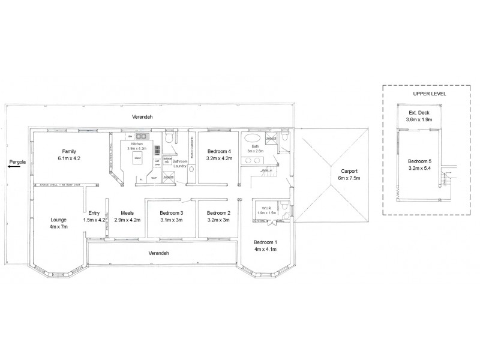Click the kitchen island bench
[138, 160]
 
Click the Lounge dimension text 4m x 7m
[59, 227]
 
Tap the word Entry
[94, 212]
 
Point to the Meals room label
[127, 212]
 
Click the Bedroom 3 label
[171, 212]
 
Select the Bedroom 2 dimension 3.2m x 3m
[218, 220]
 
